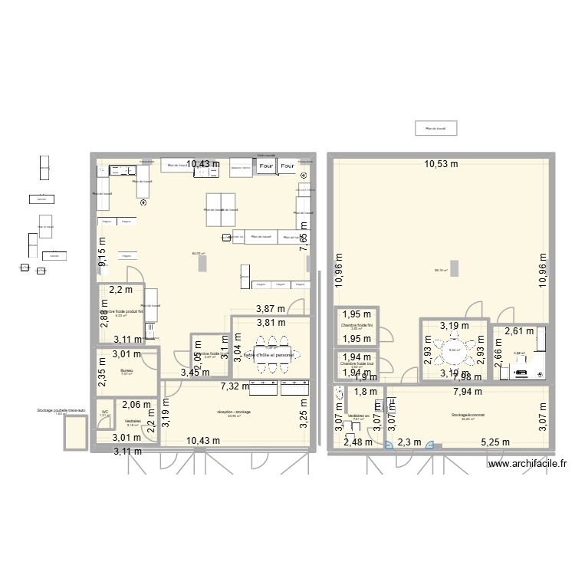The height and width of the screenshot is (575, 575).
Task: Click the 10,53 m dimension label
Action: (442, 163)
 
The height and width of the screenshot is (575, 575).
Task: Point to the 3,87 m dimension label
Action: (270, 308)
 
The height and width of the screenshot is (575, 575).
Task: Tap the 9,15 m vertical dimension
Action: (102, 254)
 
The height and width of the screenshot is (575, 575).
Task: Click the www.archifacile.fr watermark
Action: (526, 463)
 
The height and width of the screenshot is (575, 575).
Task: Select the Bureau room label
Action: (127, 370)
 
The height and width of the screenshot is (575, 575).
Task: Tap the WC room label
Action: (104, 412)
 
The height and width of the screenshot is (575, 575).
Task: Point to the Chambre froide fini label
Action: (356, 325)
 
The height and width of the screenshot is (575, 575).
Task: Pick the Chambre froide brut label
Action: (356, 363)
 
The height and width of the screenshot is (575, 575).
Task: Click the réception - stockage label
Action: (234, 412)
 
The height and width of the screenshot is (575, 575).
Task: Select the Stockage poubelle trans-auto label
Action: (61, 411)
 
